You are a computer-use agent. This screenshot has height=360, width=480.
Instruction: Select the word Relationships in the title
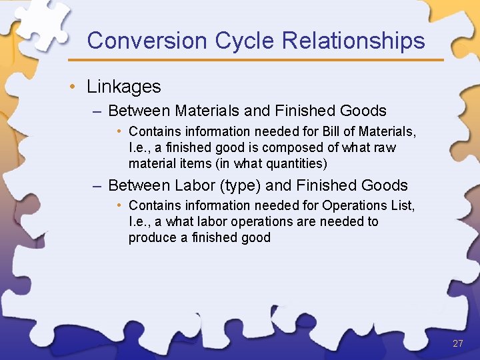tap(353, 41)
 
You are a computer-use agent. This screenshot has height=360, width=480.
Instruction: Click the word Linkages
tap(123, 87)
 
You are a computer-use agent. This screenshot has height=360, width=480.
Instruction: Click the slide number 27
tap(457, 344)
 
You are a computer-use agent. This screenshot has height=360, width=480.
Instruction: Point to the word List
tap(402, 205)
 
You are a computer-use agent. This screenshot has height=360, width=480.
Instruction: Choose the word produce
tap(153, 237)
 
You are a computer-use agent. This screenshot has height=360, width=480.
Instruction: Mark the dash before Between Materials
tap(97, 111)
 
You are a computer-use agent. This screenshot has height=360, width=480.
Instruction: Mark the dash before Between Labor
tap(97, 185)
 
